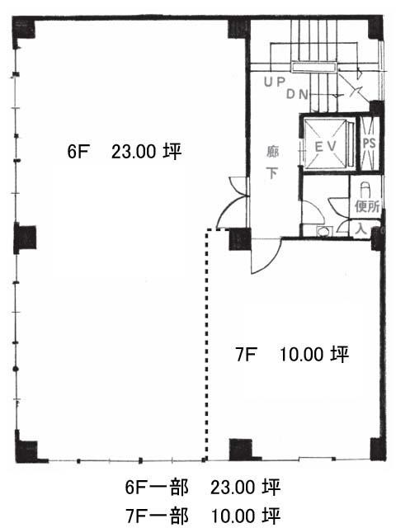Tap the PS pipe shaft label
[369, 143]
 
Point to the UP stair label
[274, 82]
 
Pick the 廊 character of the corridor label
[271, 151]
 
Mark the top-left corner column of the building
[25, 28]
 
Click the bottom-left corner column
[26, 450]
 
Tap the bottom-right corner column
[377, 448]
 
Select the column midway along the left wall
[24, 238]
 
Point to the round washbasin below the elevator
[323, 232]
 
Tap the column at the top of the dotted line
[238, 238]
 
